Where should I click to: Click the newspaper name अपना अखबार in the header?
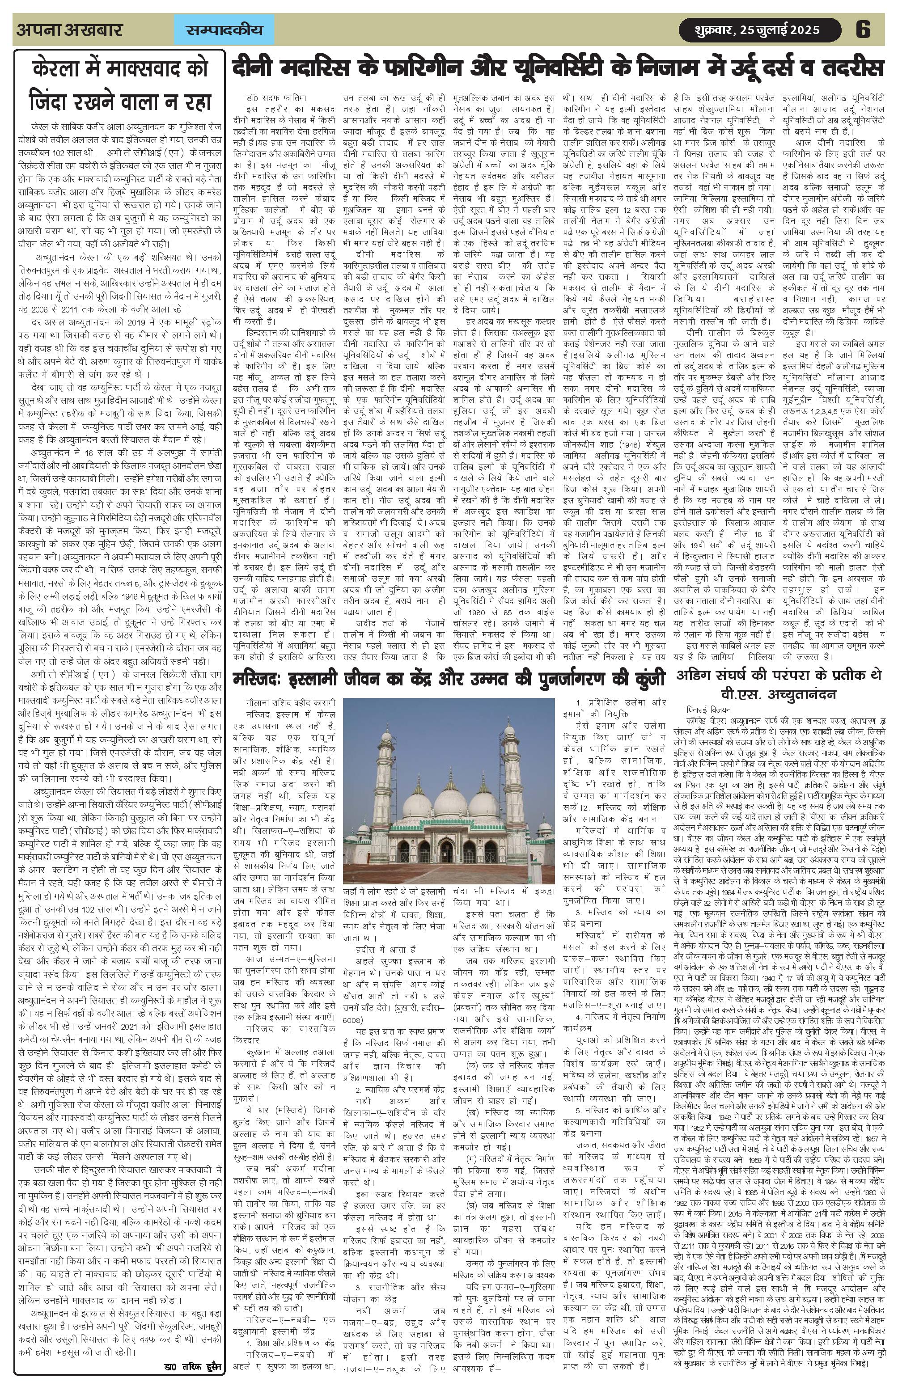tap(69, 30)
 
